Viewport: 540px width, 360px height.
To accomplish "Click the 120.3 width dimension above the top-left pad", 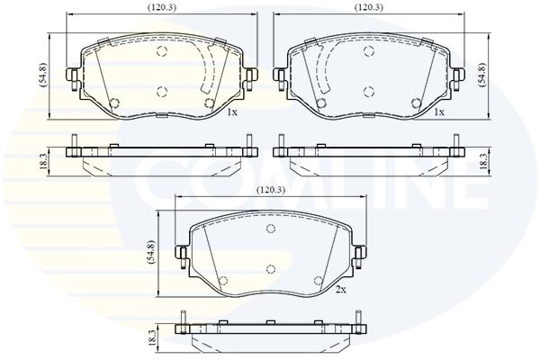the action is click(162, 7).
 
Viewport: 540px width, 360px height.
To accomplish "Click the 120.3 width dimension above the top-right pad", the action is click(369, 7).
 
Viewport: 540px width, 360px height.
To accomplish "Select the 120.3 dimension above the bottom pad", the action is click(271, 190).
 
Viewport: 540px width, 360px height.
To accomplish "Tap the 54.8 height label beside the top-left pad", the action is click(43, 75).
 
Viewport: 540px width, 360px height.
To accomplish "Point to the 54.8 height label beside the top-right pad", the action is click(481, 74).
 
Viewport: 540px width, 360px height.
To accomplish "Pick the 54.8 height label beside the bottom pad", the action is click(151, 252).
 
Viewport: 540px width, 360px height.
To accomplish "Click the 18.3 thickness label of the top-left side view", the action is click(43, 161).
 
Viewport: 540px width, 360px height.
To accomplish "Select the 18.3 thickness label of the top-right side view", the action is click(483, 161).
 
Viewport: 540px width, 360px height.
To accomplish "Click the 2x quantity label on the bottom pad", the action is click(340, 290).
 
